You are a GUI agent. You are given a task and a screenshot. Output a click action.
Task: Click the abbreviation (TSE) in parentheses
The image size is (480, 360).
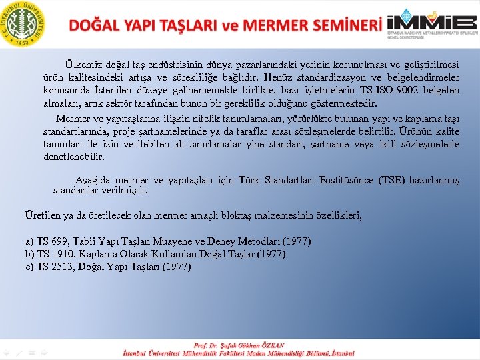pyautogui.click(x=395, y=180)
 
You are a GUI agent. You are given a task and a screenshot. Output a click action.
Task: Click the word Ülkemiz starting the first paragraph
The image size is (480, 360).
pyautogui.click(x=83, y=65)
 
